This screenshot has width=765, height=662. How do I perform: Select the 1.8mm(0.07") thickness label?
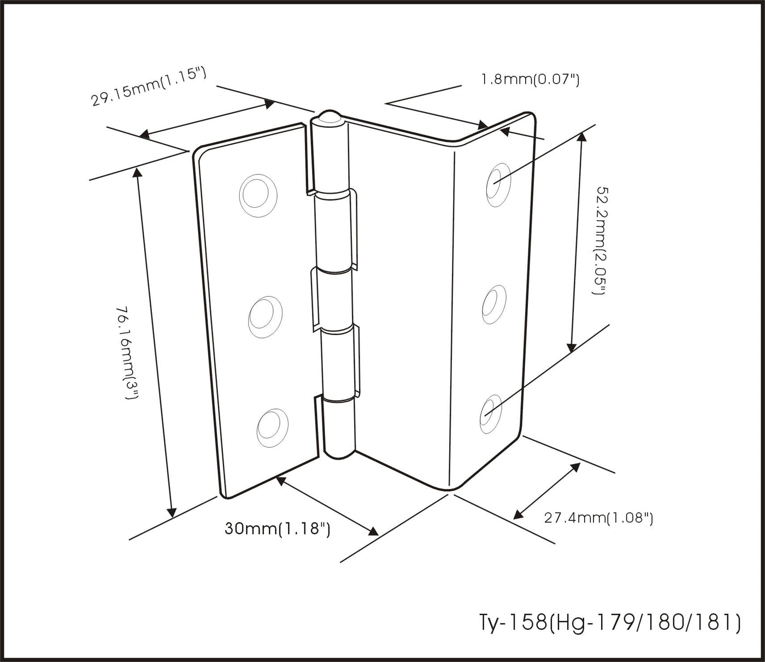pos(530,79)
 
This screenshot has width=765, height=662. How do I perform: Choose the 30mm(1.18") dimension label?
pos(277,528)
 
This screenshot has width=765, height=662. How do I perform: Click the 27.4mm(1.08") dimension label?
pos(598,517)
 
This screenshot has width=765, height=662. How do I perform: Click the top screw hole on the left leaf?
pos(258,196)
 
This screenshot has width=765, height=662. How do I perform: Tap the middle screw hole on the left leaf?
pos(265,317)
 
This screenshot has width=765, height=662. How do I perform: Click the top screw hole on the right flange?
pos(498,184)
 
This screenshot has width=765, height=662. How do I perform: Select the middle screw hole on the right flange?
pos(495,304)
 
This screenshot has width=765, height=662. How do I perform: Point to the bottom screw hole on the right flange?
pos(491,414)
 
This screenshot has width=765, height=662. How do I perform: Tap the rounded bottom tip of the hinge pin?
pos(339,454)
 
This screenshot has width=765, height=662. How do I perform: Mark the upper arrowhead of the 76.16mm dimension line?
pos(137,173)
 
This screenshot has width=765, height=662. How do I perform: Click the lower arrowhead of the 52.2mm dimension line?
pos(572,347)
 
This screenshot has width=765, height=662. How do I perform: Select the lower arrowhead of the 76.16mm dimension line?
pos(171,512)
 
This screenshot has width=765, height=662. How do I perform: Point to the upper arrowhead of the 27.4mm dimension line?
pos(575,467)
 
